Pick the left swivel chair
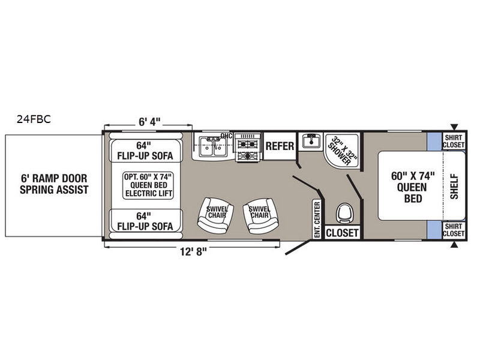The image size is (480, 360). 214,215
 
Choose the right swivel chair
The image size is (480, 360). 259,215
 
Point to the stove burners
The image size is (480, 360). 248,147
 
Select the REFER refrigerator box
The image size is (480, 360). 280,146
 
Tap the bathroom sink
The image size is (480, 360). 310,142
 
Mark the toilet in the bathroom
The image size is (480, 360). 344,213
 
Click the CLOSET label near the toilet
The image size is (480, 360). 342,233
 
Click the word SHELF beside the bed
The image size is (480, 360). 454,185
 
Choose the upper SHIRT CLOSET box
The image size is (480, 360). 454,140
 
